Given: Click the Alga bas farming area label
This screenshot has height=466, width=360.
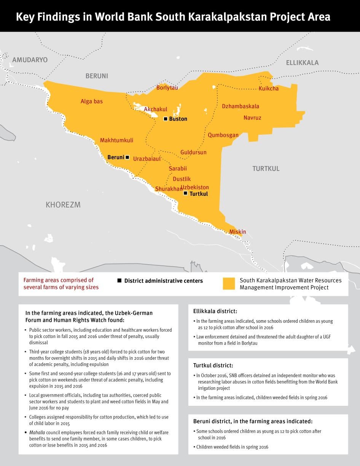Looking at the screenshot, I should click(91, 102).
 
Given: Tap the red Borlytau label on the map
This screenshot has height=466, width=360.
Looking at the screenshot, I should click(167, 88).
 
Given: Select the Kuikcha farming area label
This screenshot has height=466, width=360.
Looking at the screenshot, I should click(268, 89).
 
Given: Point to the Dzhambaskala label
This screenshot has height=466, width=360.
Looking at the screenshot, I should click(241, 106).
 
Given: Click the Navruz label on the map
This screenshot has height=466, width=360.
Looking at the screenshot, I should click(252, 118).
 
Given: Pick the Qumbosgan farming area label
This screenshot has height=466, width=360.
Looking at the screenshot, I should click(223, 135).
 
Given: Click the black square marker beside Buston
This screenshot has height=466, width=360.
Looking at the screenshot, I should click(166, 119).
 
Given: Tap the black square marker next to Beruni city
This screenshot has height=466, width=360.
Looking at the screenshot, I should click(127, 157).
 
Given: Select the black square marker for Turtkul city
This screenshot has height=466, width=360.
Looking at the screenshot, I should click(185, 193).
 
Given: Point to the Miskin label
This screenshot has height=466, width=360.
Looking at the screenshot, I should click(237, 232).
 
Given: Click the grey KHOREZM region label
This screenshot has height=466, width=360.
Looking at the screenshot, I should click(63, 205).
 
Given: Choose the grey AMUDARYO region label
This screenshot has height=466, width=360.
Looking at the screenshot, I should click(30, 60).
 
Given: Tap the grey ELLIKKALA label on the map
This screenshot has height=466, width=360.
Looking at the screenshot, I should click(302, 63).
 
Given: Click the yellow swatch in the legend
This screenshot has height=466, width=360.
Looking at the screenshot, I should click(229, 284).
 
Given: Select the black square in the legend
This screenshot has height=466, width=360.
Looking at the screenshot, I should click(119, 281).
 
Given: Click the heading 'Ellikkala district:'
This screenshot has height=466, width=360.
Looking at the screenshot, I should click(215, 311).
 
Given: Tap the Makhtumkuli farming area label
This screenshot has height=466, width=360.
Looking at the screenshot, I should click(116, 140).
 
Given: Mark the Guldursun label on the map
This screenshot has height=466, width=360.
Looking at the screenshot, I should click(193, 152).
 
